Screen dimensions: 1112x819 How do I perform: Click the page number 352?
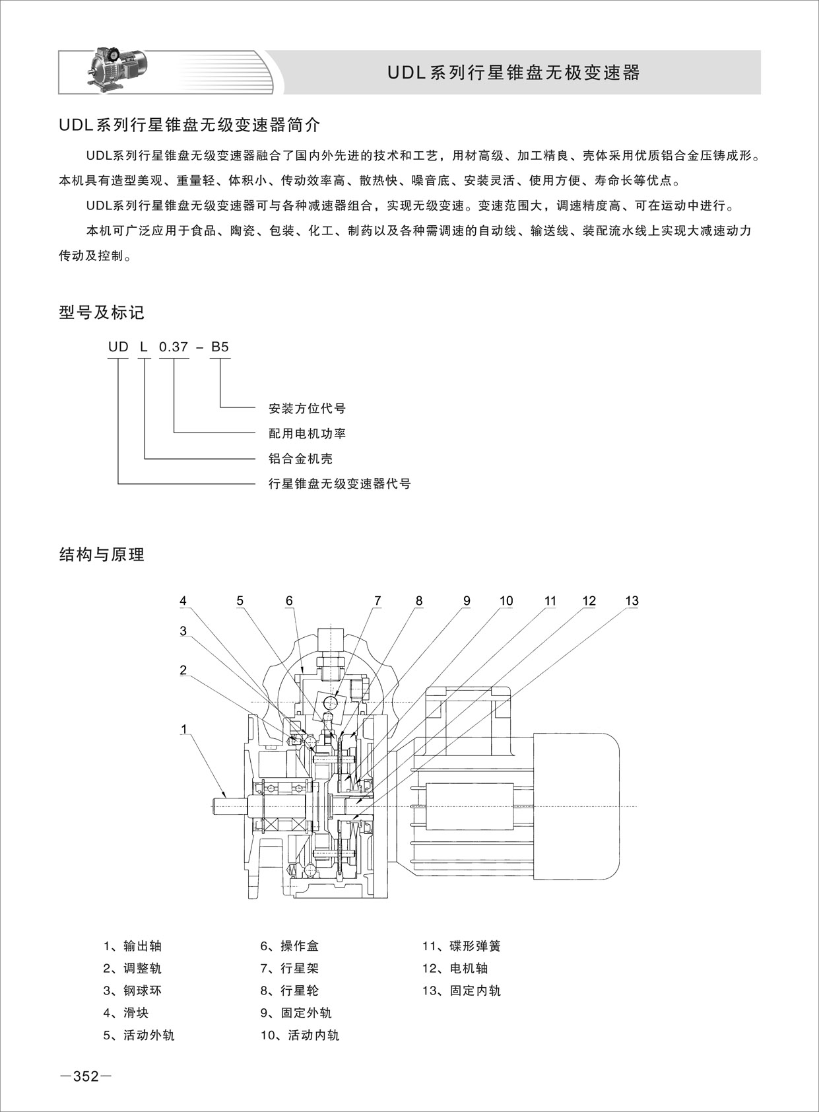tap(86, 1077)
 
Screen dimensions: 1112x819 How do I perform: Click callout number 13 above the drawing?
tap(632, 601)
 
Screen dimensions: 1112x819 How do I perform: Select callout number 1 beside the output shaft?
tap(184, 730)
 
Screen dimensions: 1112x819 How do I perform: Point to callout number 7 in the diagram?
tap(377, 601)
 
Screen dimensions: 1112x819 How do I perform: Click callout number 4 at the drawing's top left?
tap(183, 601)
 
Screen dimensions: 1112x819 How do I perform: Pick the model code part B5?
tap(220, 347)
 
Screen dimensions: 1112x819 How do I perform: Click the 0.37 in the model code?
tap(174, 347)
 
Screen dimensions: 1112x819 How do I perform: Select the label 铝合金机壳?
tap(300, 458)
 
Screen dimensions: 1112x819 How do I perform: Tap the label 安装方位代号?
tap(307, 408)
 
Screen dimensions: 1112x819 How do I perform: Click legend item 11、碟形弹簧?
tap(461, 946)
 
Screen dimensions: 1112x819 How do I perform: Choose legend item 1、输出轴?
tap(133, 946)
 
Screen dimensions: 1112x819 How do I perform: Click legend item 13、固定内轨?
tap(461, 990)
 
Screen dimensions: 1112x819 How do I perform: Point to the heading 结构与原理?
tap(102, 555)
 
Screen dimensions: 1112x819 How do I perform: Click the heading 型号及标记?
tap(102, 312)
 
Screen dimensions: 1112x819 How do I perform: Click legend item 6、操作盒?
tap(290, 946)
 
